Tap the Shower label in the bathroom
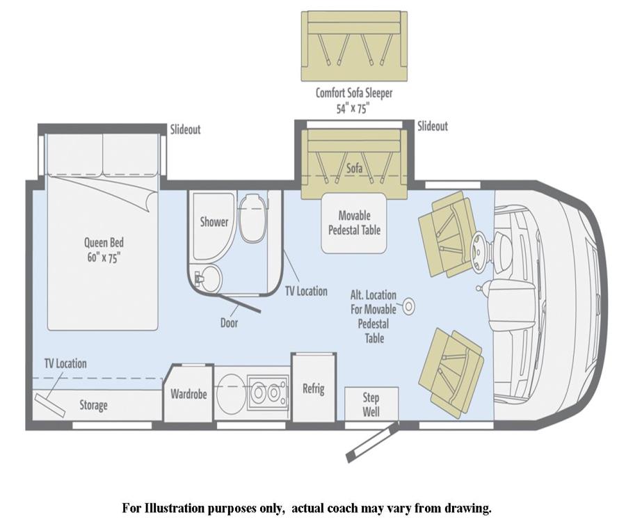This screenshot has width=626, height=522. pyautogui.click(x=214, y=221)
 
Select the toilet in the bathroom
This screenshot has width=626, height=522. pyautogui.click(x=252, y=217)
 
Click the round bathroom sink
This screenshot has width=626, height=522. pyautogui.click(x=209, y=277)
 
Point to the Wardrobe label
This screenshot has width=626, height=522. pyautogui.click(x=188, y=394)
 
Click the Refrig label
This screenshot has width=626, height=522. pyautogui.click(x=314, y=388)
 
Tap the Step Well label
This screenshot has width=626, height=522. pyautogui.click(x=371, y=404)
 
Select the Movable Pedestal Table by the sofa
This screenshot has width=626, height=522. pyautogui.click(x=354, y=223)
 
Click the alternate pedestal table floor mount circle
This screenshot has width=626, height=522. pyautogui.click(x=408, y=307)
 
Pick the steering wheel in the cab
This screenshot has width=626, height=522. pyautogui.click(x=479, y=248)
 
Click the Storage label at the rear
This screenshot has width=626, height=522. pyautogui.click(x=93, y=405)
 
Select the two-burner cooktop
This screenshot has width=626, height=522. pyautogui.click(x=268, y=393)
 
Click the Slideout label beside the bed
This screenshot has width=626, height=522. pyautogui.click(x=185, y=129)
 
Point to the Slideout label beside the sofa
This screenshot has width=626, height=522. pyautogui.click(x=433, y=126)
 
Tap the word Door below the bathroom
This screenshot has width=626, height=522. pyautogui.click(x=229, y=323)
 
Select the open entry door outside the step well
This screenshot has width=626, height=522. pyautogui.click(x=373, y=443)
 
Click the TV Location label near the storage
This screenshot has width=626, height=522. pyautogui.click(x=65, y=363)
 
